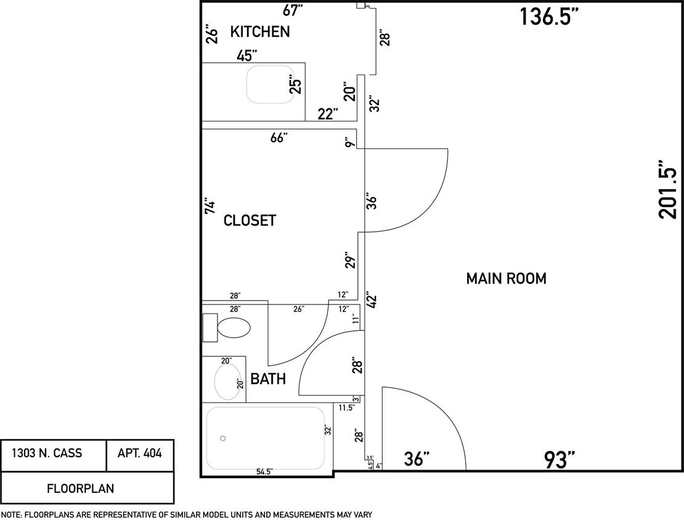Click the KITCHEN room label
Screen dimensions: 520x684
tap(259, 32)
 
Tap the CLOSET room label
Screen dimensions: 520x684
tap(250, 221)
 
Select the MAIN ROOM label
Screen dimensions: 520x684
tap(505, 278)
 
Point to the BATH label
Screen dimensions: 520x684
tap(268, 379)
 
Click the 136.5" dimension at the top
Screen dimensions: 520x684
tap(549, 17)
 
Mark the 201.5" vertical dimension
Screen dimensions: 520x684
tap(668, 190)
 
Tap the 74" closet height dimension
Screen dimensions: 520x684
tap(210, 206)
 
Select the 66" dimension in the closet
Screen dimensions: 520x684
tap(279, 138)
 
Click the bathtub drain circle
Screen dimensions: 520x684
tap(223, 439)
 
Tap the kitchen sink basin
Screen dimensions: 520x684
tap(270, 84)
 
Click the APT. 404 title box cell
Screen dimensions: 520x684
tap(140, 454)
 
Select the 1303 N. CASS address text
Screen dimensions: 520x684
tap(55, 454)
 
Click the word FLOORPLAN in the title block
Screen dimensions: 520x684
tap(80, 489)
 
